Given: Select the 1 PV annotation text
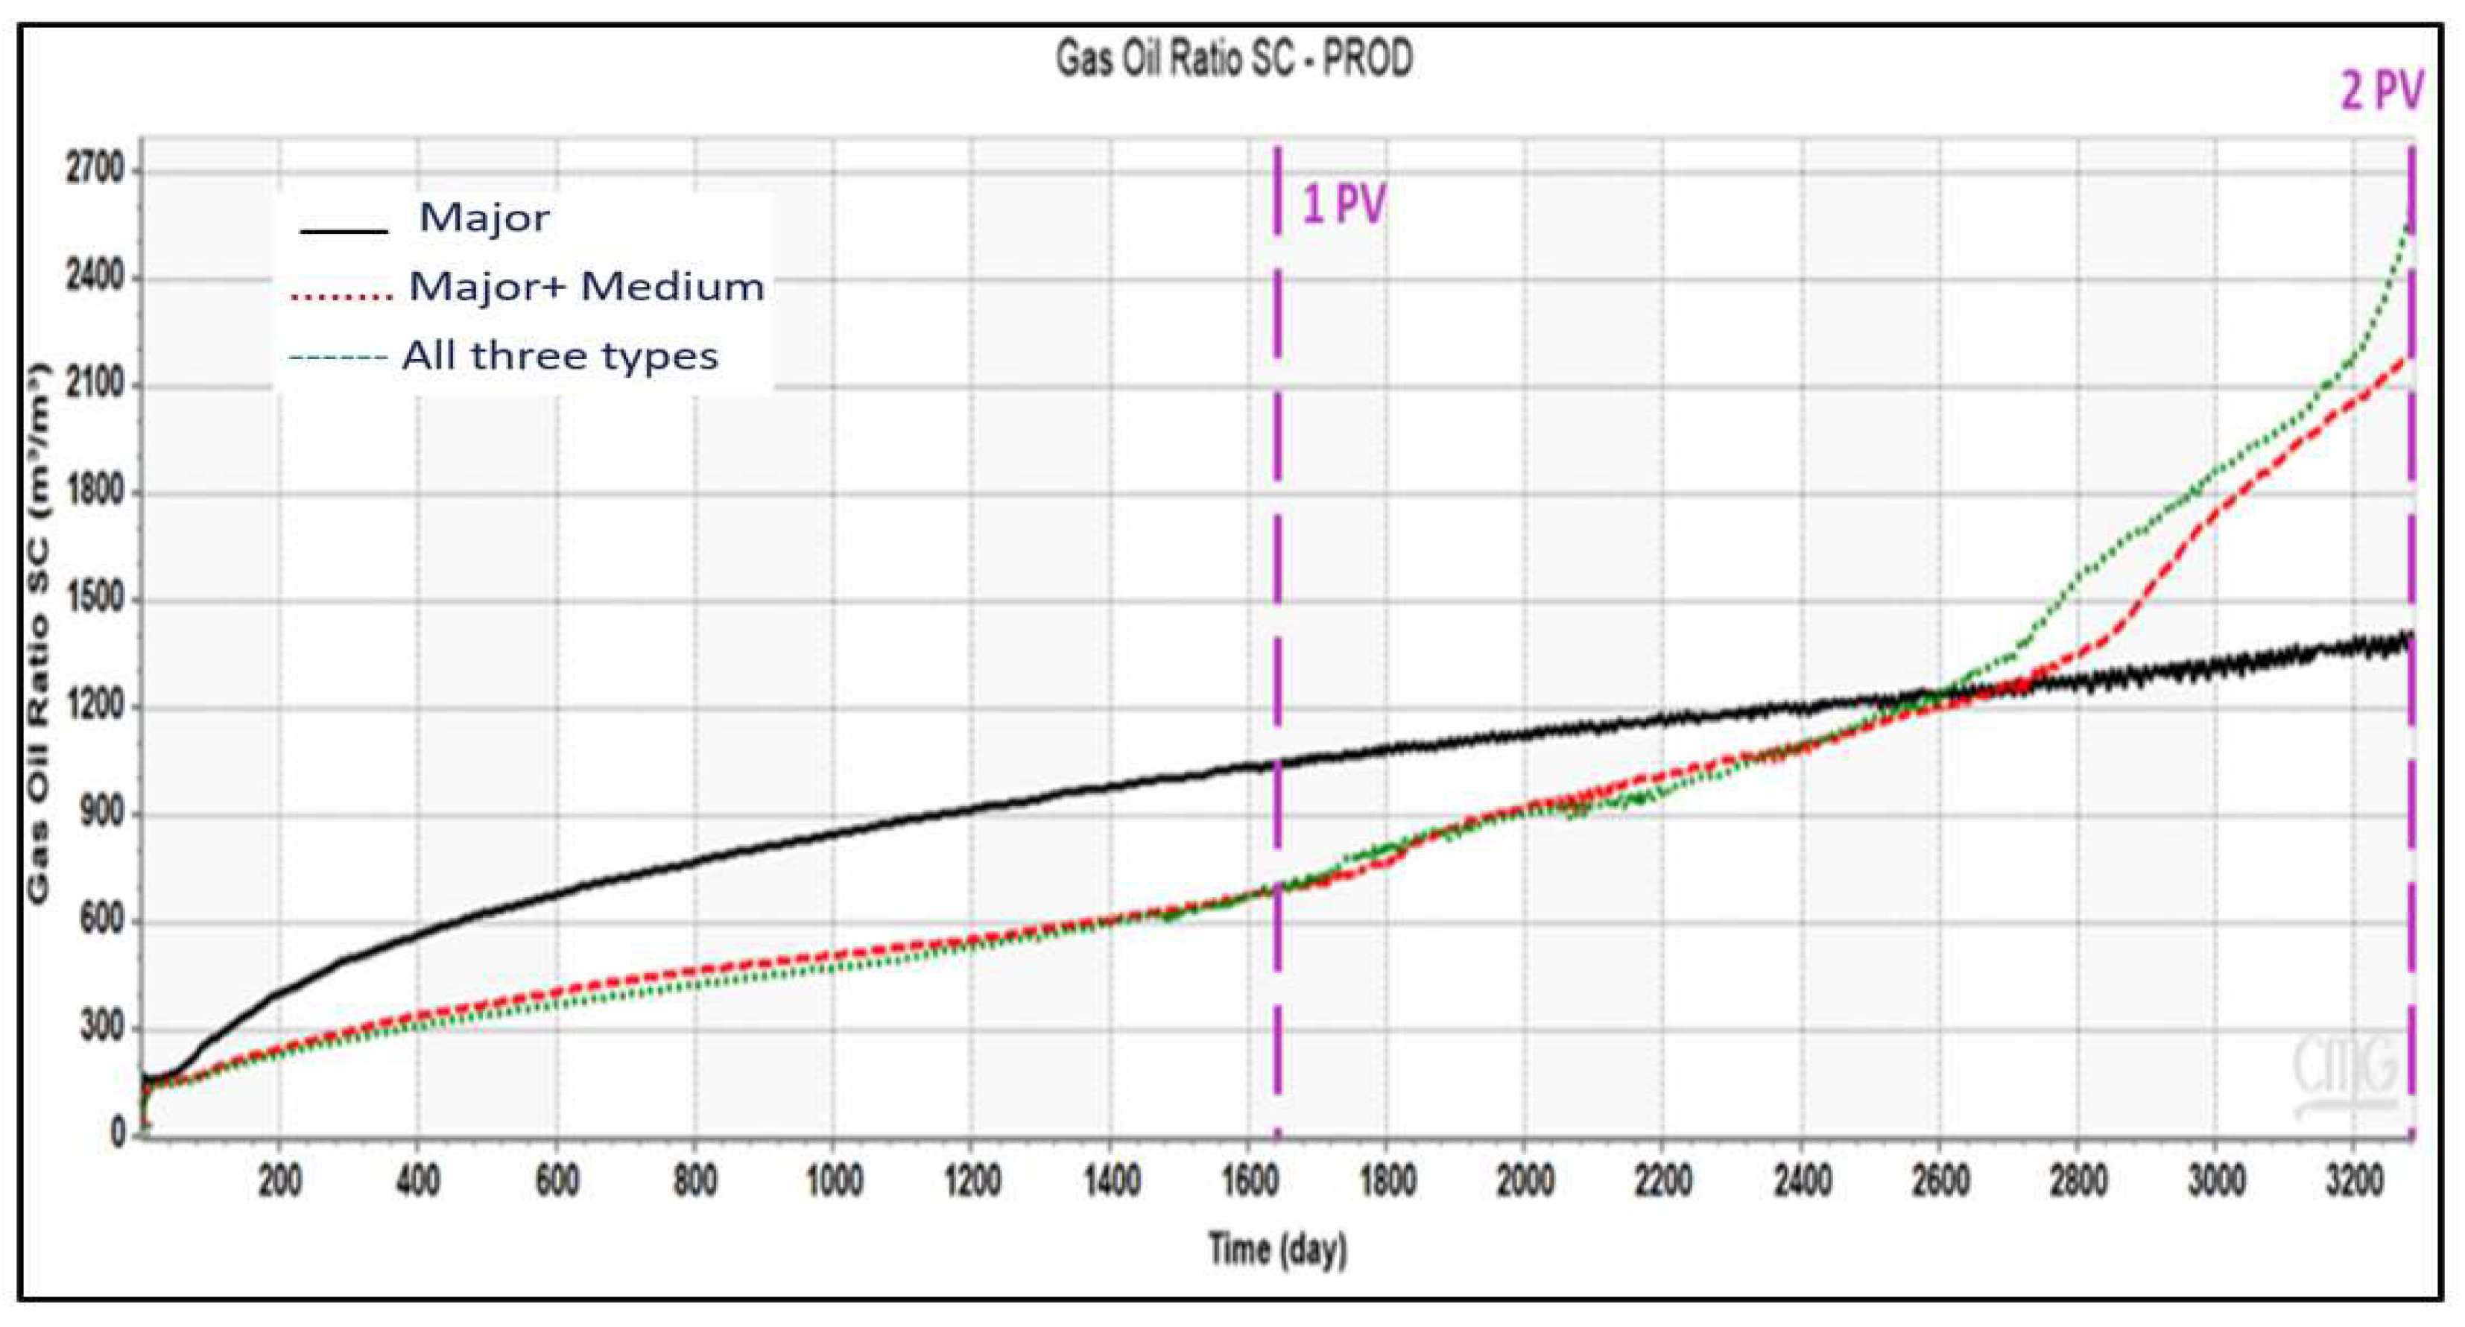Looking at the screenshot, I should pyautogui.click(x=1344, y=205).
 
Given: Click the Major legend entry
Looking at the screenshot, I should pyautogui.click(x=484, y=218).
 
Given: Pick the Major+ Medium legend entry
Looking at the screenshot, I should pyautogui.click(x=586, y=286).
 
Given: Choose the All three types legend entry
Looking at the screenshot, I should pyautogui.click(x=560, y=356).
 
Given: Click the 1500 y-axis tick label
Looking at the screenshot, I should pyautogui.click(x=95, y=599).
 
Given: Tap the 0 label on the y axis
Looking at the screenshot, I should pyautogui.click(x=118, y=1134).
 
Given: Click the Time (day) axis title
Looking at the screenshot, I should pyautogui.click(x=1277, y=1250).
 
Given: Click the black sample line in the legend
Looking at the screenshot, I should pyautogui.click(x=344, y=230).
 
